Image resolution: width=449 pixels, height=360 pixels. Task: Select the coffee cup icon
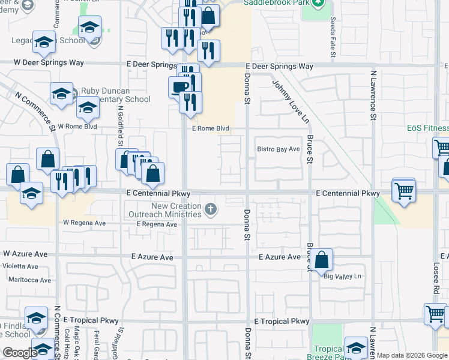coord(179,87)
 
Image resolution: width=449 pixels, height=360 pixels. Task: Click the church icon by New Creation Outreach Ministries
coord(210,209)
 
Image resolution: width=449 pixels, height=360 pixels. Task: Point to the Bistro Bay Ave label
coord(278,149)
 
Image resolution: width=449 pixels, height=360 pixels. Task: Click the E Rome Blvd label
coord(211,128)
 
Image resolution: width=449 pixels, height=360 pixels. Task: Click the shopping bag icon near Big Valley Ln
coord(322,260)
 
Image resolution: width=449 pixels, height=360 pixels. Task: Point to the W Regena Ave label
coord(84,223)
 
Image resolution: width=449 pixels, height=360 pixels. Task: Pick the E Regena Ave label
coord(157,224)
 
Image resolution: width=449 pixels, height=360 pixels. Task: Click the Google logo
coord(19,352)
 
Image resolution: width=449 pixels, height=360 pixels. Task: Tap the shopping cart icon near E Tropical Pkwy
coord(435,314)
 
